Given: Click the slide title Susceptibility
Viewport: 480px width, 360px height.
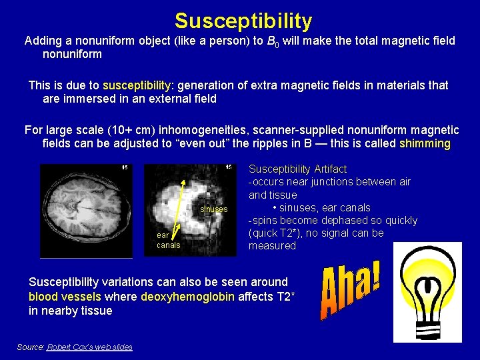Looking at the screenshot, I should (243, 21).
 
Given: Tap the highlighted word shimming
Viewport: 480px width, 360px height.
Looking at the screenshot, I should (425, 144).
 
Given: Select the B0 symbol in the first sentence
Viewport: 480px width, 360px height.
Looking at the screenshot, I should (271, 41).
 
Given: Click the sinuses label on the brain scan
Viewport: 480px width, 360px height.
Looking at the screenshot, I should (214, 209).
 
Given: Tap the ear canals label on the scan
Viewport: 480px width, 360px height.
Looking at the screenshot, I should (168, 240).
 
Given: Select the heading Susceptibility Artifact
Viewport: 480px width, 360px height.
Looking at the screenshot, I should (297, 169).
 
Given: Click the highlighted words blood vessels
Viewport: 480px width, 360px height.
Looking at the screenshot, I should (65, 297).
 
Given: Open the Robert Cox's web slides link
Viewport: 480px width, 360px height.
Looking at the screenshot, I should (89, 347).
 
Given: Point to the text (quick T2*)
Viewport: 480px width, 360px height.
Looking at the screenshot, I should (279, 233).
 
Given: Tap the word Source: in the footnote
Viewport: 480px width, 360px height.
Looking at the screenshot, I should (31, 347).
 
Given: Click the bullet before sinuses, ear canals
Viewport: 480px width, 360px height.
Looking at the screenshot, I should (275, 208).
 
